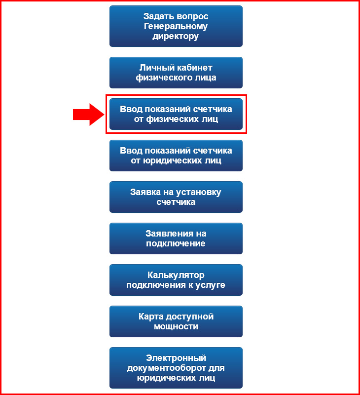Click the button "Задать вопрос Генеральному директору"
tap(176, 26)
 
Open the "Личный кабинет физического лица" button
tap(176, 73)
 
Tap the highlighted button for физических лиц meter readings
tap(176, 114)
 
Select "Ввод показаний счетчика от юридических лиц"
tap(176, 156)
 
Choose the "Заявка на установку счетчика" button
tap(176, 197)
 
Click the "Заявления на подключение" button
tap(176, 238)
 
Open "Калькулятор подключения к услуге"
tap(176, 280)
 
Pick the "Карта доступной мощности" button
tap(176, 321)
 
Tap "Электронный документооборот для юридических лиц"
tap(176, 368)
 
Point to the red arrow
tap(89, 115)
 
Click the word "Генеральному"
tap(176, 26)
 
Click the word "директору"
tap(176, 37)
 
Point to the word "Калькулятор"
tap(176, 275)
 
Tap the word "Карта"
tap(151, 316)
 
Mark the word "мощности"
tap(176, 326)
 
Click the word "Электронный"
tap(176, 358)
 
